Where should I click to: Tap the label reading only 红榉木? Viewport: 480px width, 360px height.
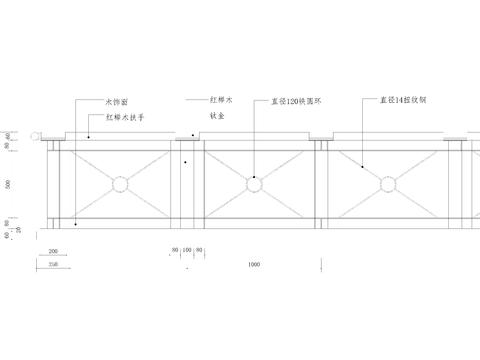tap(221, 101)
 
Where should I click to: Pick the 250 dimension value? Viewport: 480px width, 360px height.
tap(52, 264)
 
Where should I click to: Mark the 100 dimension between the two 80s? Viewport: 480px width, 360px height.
tap(187, 249)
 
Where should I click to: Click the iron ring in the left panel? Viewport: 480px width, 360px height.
tap(120, 184)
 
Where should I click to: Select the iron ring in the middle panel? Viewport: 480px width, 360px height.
tap(253, 184)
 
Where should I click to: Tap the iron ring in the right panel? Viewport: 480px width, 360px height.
tap(386, 184)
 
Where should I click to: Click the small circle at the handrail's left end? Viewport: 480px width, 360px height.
tap(34, 136)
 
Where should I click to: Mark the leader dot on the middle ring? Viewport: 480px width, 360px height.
tap(253, 178)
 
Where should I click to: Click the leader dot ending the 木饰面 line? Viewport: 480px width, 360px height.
tap(76, 224)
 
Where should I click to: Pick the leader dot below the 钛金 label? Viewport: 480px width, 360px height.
tap(186, 161)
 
